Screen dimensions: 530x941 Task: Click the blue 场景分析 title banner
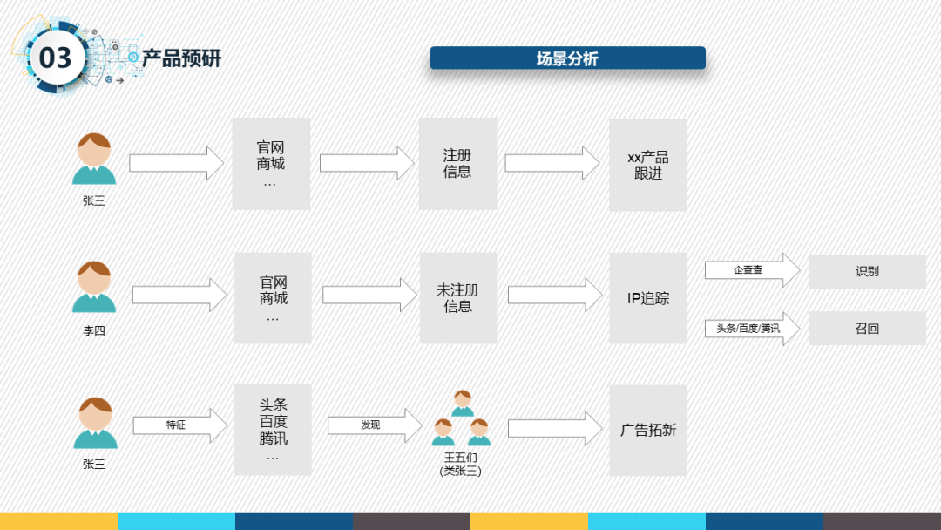567,58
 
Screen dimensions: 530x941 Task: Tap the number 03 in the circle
56,58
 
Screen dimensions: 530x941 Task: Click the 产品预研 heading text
182,58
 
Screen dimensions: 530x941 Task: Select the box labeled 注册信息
457,164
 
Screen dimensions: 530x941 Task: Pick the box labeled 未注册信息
457,298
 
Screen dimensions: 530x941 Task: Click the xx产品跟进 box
647,166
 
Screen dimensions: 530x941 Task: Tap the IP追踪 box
647,298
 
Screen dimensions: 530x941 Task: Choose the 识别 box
867,271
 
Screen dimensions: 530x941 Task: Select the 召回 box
867,329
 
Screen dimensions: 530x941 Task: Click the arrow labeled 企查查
751,270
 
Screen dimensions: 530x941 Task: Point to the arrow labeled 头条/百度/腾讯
751,329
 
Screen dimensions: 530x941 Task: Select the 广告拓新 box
647,430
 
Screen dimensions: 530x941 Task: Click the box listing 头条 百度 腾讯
273,430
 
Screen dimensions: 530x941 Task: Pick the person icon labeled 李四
94,287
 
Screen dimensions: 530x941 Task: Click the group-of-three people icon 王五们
461,418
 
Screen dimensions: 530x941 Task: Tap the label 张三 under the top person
94,200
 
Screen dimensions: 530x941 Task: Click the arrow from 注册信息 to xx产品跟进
552,164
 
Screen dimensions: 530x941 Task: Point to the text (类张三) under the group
461,471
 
